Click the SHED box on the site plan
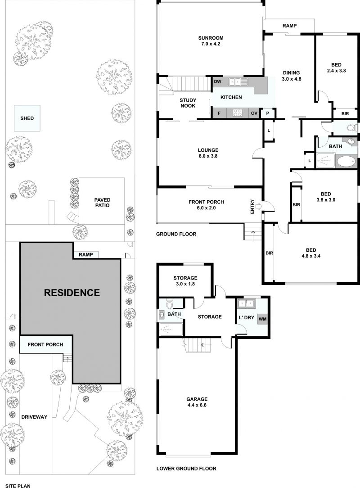tap(27, 118)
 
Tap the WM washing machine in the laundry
tap(262, 319)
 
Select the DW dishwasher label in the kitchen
tap(218, 81)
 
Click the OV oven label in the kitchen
tap(254, 113)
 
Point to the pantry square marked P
tap(268, 113)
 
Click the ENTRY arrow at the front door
tap(259, 206)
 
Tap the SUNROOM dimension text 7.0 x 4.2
tap(211, 44)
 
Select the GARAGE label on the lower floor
tap(197, 399)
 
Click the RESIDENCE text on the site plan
tap(72, 293)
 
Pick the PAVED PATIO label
tap(102, 203)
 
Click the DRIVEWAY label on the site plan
tap(34, 417)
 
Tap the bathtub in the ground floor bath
tap(347, 162)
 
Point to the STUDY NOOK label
tap(188, 103)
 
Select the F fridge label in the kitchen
tap(219, 113)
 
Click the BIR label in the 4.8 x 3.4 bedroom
tap(270, 253)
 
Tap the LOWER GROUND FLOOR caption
tap(186, 468)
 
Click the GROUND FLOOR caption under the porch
tap(176, 234)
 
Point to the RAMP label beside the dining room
tap(289, 26)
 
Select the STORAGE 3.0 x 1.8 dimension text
tap(185, 284)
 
